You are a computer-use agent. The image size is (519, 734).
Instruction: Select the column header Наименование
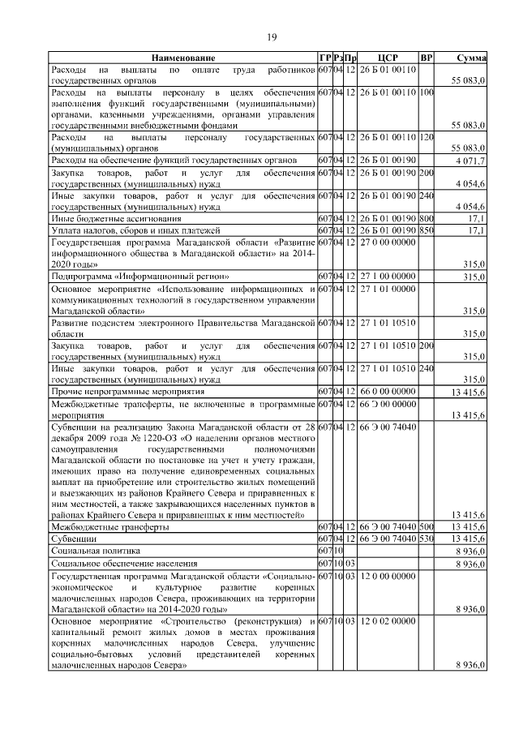click(x=182, y=58)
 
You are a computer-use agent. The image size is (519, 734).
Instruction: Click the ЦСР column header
click(x=388, y=58)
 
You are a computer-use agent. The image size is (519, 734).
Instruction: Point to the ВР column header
click(x=427, y=58)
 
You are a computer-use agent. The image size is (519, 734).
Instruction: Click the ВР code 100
click(x=427, y=92)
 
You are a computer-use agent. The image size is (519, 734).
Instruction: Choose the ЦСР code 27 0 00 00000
click(x=388, y=242)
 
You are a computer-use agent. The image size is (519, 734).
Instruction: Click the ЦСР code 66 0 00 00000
click(x=388, y=390)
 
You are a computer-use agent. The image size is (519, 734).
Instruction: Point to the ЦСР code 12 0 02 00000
click(x=388, y=620)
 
